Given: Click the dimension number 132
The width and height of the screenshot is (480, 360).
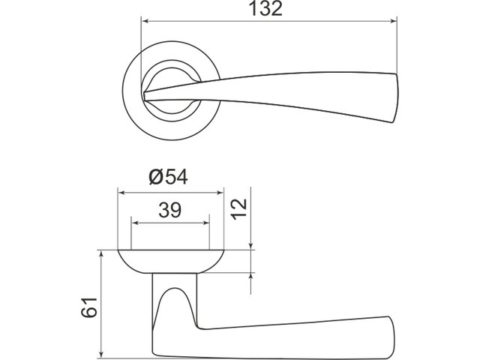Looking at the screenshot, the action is pyautogui.click(x=265, y=8).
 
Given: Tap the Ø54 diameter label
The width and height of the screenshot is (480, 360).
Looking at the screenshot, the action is pyautogui.click(x=168, y=177).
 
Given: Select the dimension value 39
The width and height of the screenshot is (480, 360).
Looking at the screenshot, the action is pyautogui.click(x=170, y=210).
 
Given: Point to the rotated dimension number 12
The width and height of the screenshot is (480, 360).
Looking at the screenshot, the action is pyautogui.click(x=239, y=209).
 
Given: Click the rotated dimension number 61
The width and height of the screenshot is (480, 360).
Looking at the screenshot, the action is pyautogui.click(x=89, y=307).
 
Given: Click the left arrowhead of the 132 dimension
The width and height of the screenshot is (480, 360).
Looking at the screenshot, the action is pyautogui.click(x=146, y=21).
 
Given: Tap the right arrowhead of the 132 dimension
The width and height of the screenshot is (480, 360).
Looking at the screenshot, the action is pyautogui.click(x=394, y=21).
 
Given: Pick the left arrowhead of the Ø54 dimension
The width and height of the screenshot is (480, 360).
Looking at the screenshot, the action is pyautogui.click(x=121, y=193).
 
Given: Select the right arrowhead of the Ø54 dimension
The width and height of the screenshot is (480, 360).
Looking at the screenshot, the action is pyautogui.click(x=220, y=193).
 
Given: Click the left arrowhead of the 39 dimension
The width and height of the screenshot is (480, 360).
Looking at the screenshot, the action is pyautogui.click(x=135, y=223).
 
